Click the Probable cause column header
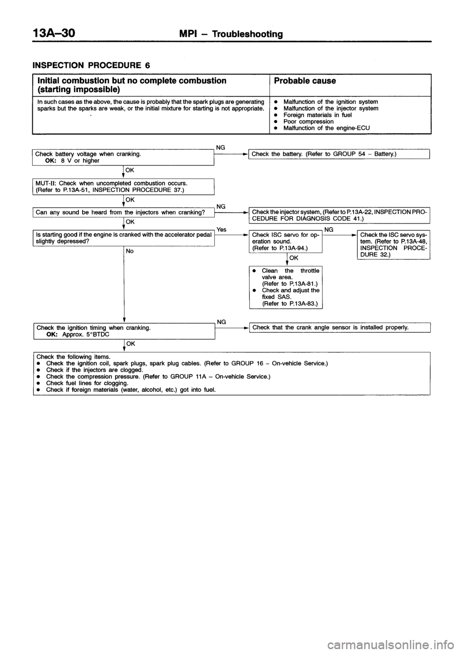tap(305, 81)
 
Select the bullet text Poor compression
tap(308, 122)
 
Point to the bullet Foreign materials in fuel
tap(317, 115)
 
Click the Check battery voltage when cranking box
tap(124, 157)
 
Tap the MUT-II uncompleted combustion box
tap(124, 186)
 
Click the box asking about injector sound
tap(124, 212)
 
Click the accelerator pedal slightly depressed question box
tap(124, 238)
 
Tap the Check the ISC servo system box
tap(393, 245)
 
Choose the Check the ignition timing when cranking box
tap(124, 331)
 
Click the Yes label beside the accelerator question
tap(221, 230)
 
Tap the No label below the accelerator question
tap(129, 251)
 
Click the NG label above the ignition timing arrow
tap(221, 321)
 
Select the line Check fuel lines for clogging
tap(87, 383)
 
